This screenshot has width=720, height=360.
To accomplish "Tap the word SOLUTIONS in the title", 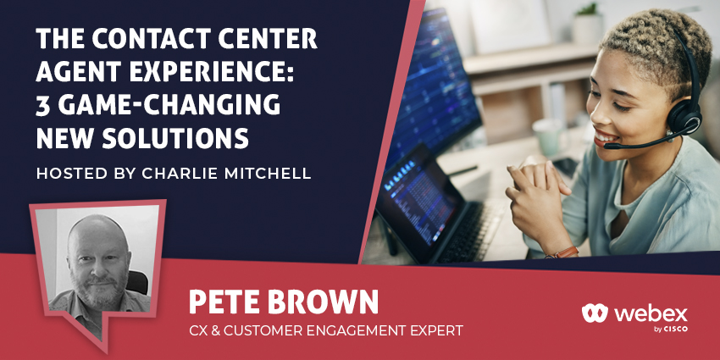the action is pos(175,138).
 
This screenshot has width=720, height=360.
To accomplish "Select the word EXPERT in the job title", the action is pos(435,330).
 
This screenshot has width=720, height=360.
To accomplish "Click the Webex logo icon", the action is pos(595,313).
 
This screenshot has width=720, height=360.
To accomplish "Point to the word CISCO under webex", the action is pos(676,330).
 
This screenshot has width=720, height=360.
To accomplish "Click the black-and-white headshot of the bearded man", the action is pos(97,260).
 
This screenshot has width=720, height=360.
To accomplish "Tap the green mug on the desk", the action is pos(546,137).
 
